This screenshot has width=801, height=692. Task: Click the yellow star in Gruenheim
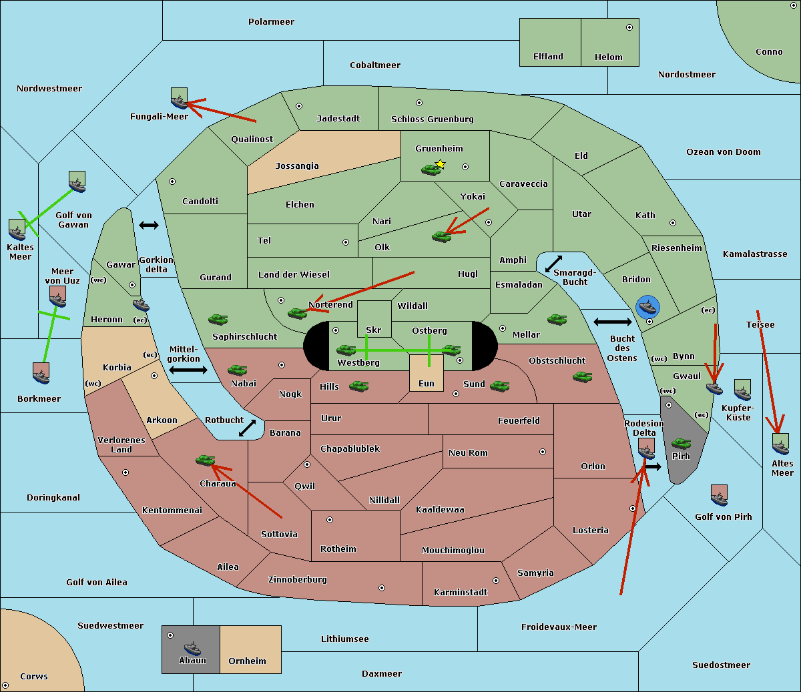441,164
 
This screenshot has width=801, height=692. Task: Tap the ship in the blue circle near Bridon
647,307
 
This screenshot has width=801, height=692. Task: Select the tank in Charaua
206,460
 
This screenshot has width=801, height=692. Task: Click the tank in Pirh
681,443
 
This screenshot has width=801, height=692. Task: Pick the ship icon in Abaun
193,648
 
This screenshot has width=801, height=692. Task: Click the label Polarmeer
271,22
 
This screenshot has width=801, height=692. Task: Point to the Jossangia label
297,166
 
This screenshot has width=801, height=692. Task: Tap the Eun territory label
427,383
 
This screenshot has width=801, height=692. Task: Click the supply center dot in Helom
629,27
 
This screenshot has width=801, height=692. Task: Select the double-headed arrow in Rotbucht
247,428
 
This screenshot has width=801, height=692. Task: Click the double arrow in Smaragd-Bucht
553,264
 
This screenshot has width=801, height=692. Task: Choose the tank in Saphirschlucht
218,319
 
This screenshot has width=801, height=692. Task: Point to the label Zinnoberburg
298,579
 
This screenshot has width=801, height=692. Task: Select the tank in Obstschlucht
583,376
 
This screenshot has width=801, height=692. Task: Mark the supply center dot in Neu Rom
543,452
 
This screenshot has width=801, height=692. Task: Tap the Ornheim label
247,661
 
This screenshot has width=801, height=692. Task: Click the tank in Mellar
557,320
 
